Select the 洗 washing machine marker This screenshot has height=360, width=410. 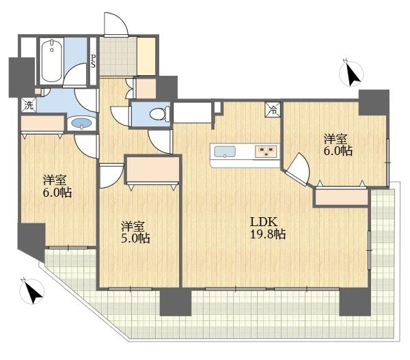pos(28,105)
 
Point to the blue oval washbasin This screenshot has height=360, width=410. pos(81,124)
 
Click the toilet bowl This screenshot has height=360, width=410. pos(155,114)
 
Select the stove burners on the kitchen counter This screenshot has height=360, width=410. pos(266,151)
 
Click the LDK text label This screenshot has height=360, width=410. pos(262,221)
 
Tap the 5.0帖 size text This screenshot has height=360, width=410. pos(135,238)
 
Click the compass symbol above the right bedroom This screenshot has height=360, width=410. pos(352,72)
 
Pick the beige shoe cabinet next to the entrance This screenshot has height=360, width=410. pos(146,57)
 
